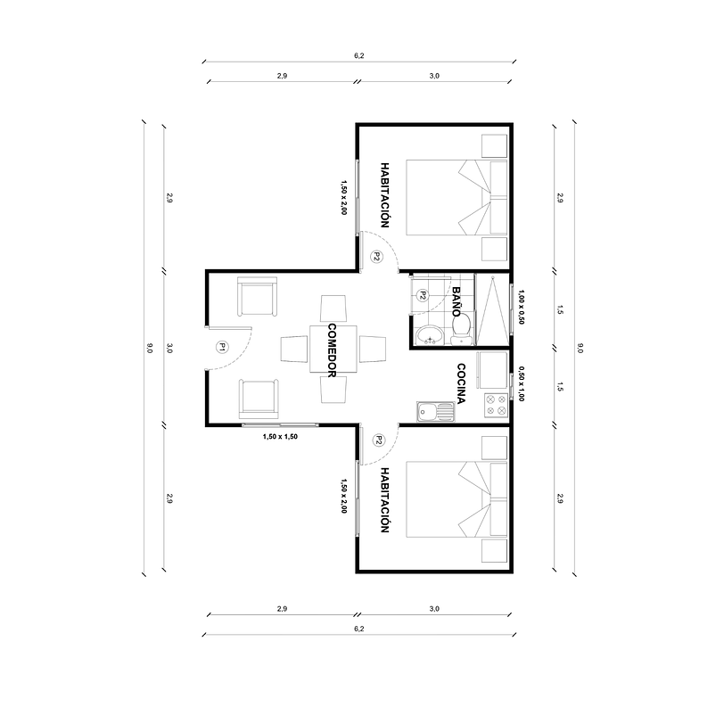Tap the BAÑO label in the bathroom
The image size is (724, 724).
[457, 303]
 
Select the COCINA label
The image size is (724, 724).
[462, 384]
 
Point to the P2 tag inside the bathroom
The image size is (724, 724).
[423, 295]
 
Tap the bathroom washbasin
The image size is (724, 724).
[430, 335]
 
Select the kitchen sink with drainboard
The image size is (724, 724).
[436, 412]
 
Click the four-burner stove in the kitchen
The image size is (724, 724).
[495, 406]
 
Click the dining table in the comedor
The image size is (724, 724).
[332, 349]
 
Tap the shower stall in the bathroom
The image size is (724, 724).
[492, 309]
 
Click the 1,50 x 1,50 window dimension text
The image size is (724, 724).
[280, 437]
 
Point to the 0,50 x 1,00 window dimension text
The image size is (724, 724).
[522, 386]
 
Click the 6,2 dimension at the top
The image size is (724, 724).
[358, 55]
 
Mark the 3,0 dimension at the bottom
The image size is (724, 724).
[434, 608]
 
